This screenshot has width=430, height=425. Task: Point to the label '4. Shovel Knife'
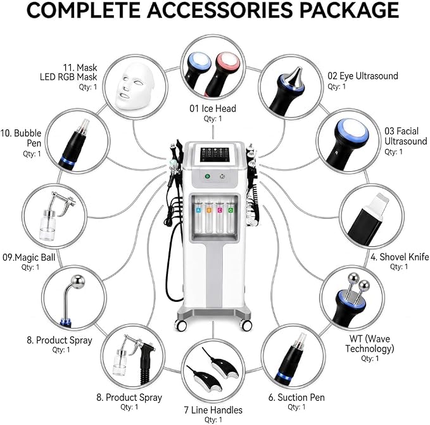click(400, 257)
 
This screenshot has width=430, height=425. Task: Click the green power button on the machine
click(208, 176)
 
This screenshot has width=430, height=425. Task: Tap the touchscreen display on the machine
click(214, 155)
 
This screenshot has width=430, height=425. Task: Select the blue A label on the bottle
click(198, 211)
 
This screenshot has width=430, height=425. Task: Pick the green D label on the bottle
click(231, 211)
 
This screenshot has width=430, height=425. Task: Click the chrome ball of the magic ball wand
click(78, 282)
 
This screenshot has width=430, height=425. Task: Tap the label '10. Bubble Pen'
click(21, 138)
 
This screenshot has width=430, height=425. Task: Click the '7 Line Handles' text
click(213, 410)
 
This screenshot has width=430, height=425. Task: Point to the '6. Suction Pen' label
click(296, 397)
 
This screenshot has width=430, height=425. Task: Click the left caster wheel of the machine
click(180, 325)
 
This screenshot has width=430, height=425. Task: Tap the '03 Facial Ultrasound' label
click(405, 136)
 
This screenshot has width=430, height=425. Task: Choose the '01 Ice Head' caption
click(213, 108)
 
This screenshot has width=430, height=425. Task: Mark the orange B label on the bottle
click(209, 211)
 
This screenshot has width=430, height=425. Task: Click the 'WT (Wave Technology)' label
click(370, 343)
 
